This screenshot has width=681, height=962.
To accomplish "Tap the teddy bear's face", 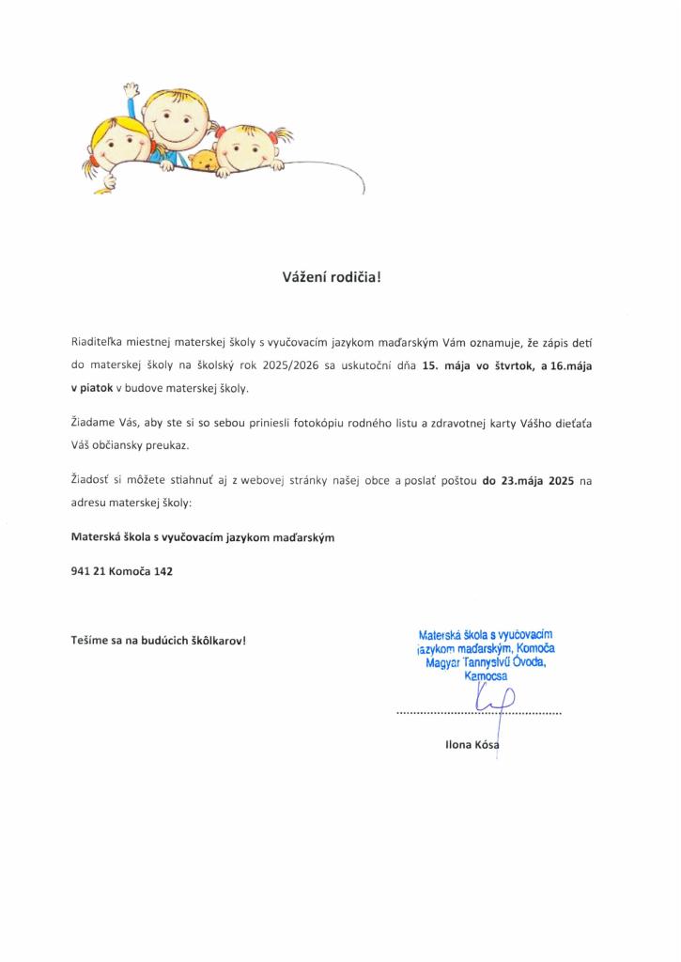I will [204, 161].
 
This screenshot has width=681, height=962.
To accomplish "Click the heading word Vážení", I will [303, 276].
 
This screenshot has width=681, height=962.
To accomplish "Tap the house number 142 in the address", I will [163, 570].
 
